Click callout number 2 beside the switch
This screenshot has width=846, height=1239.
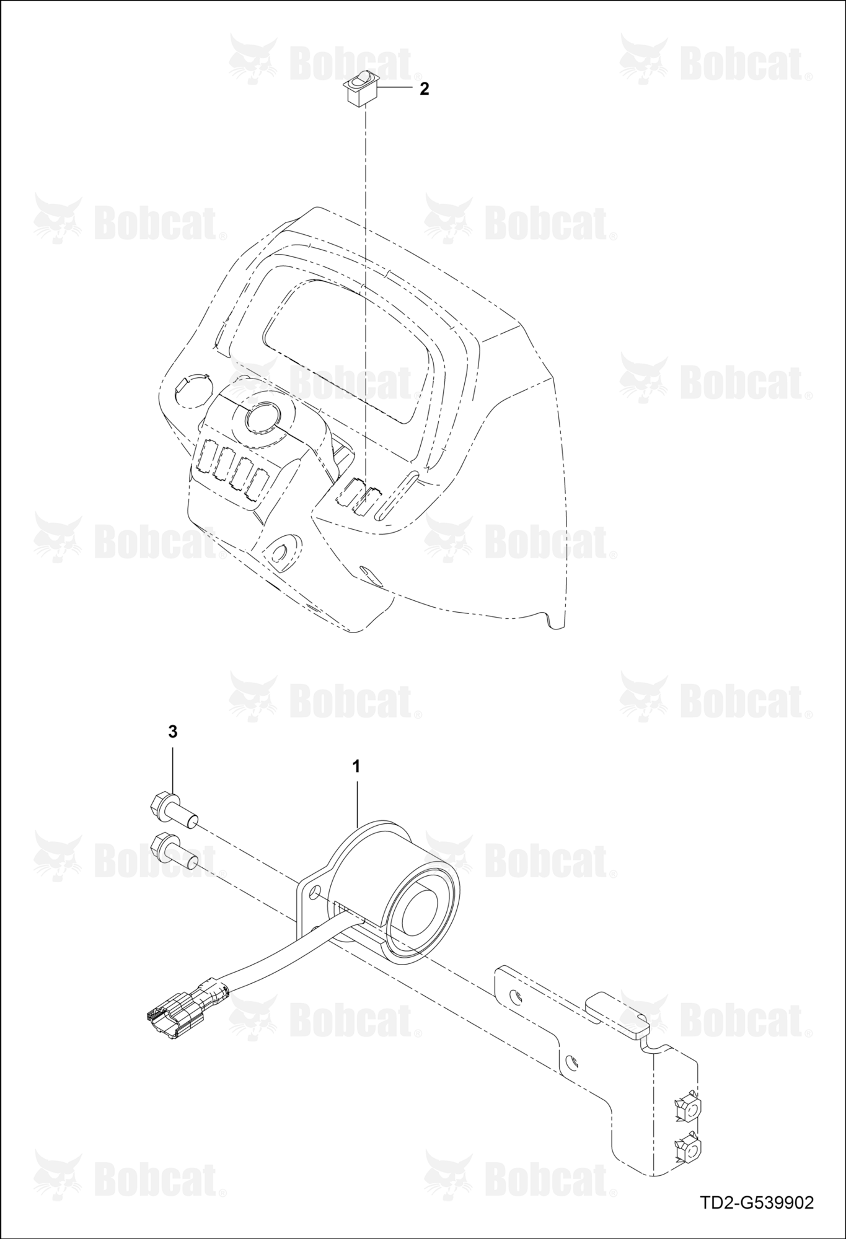[x=424, y=89]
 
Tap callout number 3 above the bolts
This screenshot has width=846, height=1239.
[x=172, y=732]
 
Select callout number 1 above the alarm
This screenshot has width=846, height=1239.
[x=356, y=766]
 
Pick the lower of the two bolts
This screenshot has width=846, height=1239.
[x=174, y=851]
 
